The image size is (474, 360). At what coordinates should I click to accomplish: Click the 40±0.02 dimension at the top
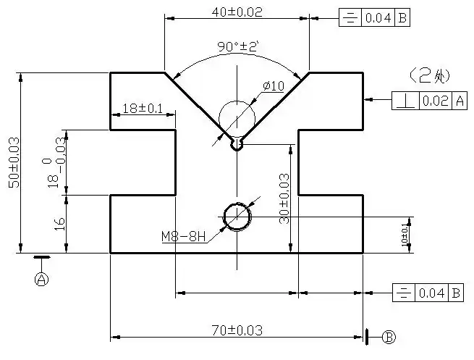[x=237, y=12]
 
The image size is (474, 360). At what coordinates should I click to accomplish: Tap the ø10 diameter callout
[x=273, y=86]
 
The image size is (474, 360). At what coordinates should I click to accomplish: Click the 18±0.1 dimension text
[x=142, y=108]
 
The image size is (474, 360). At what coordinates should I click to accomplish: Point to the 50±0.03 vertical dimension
[x=13, y=163]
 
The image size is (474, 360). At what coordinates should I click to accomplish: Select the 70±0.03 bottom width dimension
[x=237, y=330]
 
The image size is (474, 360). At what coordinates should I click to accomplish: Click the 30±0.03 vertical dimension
[x=284, y=198]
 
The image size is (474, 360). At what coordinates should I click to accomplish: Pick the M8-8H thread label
[x=183, y=236]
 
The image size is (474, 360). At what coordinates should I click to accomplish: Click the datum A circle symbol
[x=42, y=278]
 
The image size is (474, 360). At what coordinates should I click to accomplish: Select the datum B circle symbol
[x=389, y=337]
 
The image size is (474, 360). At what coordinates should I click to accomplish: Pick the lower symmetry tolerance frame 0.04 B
[x=428, y=293]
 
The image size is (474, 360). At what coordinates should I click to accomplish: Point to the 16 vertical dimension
[x=60, y=224]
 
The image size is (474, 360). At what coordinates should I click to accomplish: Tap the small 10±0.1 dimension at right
[x=405, y=234]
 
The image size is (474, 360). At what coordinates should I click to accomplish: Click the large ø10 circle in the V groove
[x=237, y=116]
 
